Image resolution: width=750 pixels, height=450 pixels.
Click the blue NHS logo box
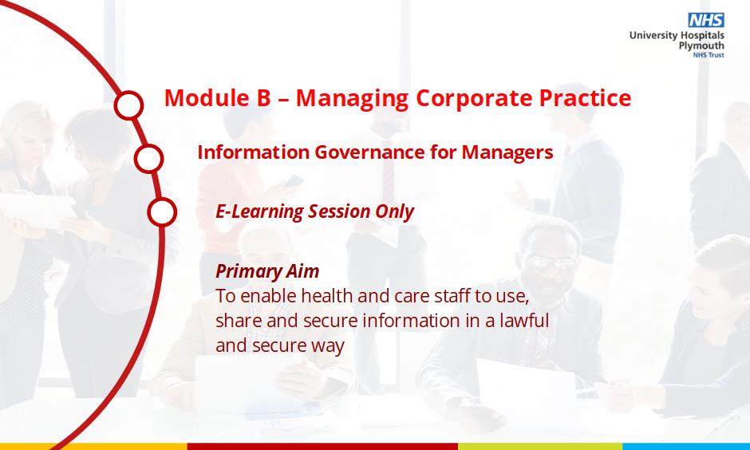[x=706, y=20]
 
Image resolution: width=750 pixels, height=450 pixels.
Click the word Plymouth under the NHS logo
[x=701, y=46]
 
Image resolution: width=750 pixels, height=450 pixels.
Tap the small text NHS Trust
[x=709, y=55]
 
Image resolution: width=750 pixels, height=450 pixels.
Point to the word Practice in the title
[x=585, y=98]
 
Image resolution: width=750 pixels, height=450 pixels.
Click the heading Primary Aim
[x=267, y=271]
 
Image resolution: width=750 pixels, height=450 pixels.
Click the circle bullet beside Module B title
[x=128, y=105]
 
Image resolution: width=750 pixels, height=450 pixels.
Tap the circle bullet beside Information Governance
[x=148, y=158]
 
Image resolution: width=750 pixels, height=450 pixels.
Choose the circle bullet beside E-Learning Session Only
[x=162, y=212]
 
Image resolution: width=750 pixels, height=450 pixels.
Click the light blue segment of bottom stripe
[x=686, y=447]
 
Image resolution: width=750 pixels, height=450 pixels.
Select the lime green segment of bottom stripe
[x=540, y=447]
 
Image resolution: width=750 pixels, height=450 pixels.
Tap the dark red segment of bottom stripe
[x=322, y=447]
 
